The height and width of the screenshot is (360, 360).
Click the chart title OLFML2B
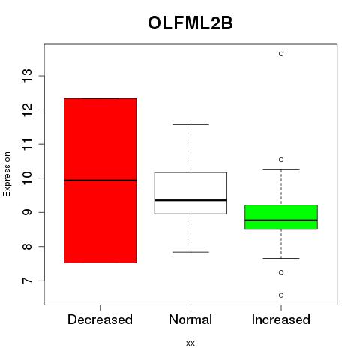(190, 23)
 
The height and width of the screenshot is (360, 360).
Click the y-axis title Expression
(7, 174)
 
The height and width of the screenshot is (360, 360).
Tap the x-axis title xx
(190, 343)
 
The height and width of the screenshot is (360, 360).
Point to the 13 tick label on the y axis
(27, 76)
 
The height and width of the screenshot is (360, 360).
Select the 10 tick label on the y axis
(27, 178)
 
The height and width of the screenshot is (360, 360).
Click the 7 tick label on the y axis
(27, 280)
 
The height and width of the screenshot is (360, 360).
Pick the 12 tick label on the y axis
(27, 109)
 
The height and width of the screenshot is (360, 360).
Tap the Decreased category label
(100, 319)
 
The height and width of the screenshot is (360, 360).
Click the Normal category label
(190, 319)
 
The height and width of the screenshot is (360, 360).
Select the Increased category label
(281, 319)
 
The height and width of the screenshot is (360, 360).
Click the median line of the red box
(100, 181)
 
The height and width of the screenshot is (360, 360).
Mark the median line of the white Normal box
(190, 200)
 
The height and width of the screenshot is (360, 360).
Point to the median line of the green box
(281, 220)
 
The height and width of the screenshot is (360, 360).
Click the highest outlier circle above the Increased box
(281, 54)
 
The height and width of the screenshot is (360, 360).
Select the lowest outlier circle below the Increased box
(281, 295)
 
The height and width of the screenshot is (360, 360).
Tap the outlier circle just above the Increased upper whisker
(281, 160)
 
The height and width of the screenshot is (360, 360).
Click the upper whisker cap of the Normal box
(190, 124)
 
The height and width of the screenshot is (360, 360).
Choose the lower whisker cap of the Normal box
(190, 252)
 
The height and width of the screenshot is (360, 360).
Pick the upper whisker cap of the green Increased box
(281, 169)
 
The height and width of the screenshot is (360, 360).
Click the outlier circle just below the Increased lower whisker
(281, 272)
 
